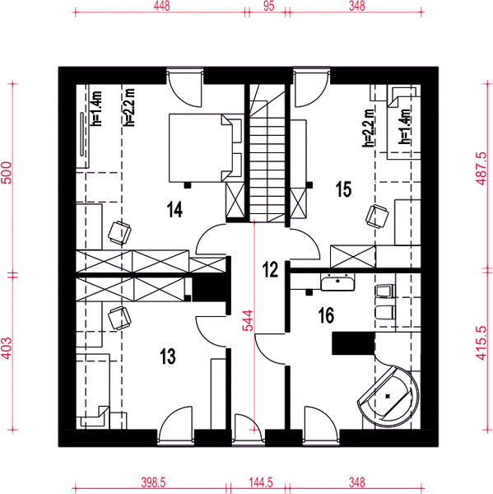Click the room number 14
(174, 209)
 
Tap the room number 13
(168, 356)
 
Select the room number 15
(343, 189)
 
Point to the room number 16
(327, 315)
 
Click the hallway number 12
(270, 269)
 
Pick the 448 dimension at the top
(161, 6)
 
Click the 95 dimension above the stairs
(268, 6)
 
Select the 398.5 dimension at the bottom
(153, 482)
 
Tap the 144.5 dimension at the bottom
(261, 482)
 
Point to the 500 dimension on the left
(7, 173)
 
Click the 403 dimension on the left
(7, 348)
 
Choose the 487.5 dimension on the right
(482, 169)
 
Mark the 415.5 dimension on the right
(482, 343)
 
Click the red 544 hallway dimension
(248, 321)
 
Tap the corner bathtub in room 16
(389, 396)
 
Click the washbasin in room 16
(337, 282)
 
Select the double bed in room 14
(206, 148)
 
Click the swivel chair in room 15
(377, 216)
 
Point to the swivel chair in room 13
(119, 318)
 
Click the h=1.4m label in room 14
(97, 109)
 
